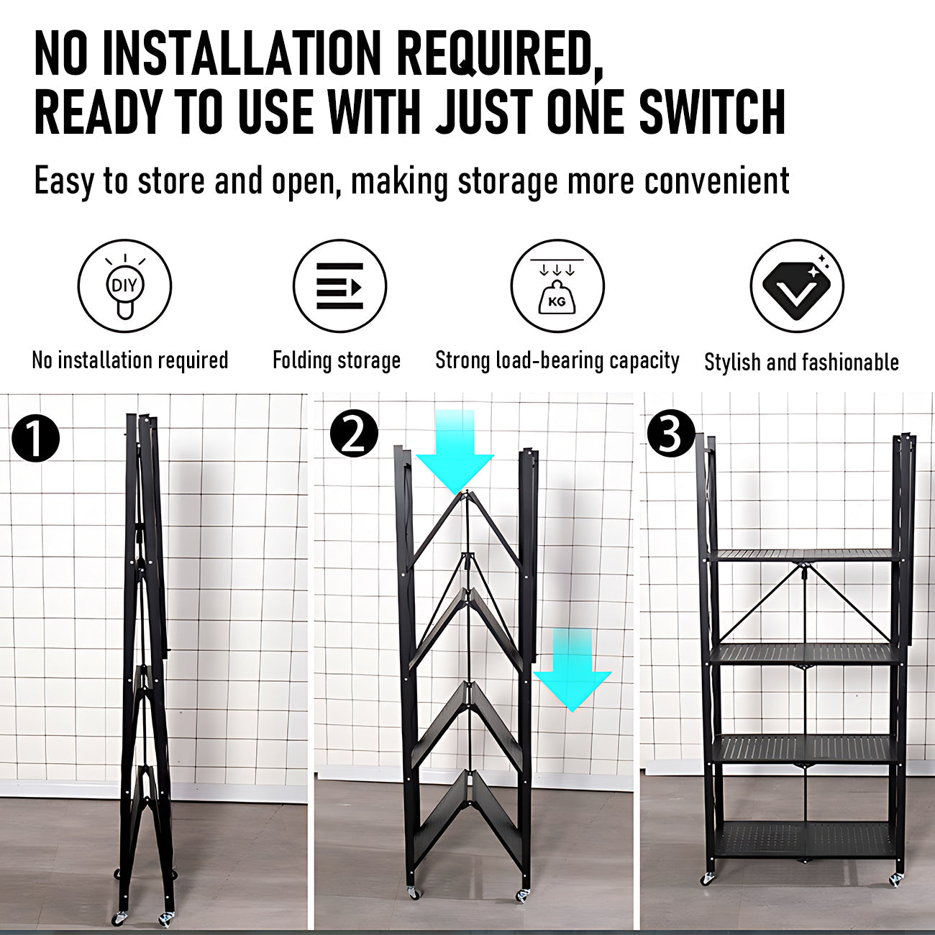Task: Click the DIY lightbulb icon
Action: pos(124,286)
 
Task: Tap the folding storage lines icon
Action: pos(339,286)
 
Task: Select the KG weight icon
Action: pos(557,286)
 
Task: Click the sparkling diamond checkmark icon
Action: pos(796,286)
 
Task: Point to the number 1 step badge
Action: pos(35,438)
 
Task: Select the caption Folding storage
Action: pos(336,360)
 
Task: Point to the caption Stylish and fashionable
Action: pos(801,362)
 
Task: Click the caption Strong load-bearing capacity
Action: pos(557,360)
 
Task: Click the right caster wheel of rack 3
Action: pos(895,879)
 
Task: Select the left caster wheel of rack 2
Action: pos(412,892)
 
